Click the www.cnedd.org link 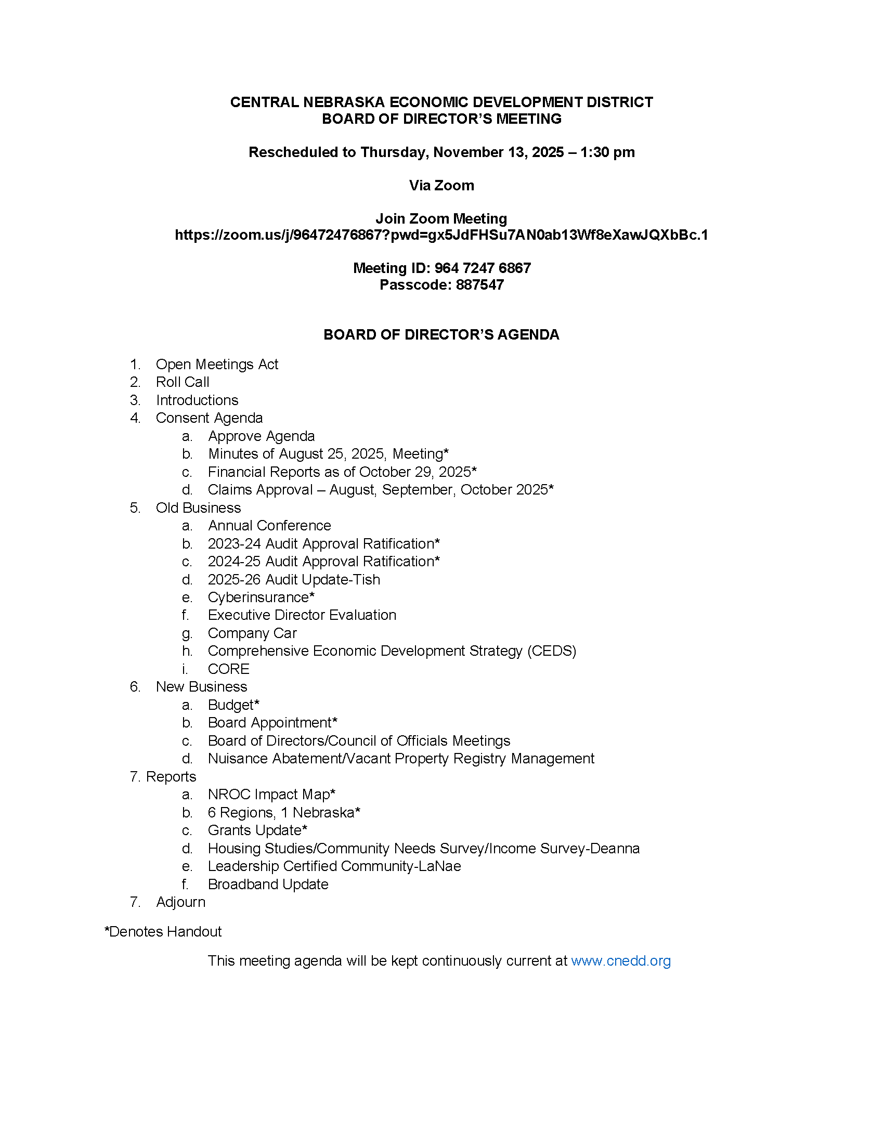tap(620, 960)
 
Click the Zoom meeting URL tap(441, 235)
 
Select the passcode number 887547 tap(480, 285)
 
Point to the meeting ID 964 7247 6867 tap(483, 268)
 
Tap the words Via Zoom tap(441, 186)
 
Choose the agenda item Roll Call tap(182, 382)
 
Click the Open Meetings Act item tap(217, 364)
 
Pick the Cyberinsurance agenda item tap(261, 597)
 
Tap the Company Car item tap(252, 633)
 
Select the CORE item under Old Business tap(228, 669)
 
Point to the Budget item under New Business tap(233, 705)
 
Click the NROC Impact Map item tap(271, 795)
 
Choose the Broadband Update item tap(268, 884)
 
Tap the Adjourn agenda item tap(180, 902)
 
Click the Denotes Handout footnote tap(163, 931)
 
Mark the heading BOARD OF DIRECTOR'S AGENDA tap(441, 335)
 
